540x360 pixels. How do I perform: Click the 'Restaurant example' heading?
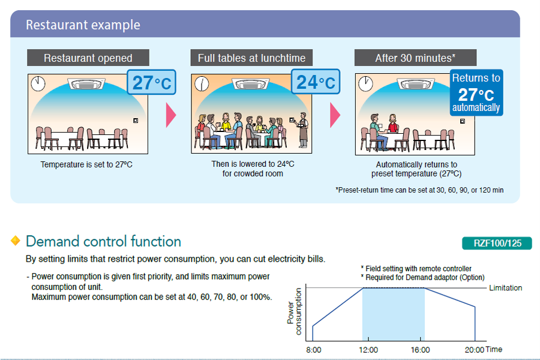click(x=83, y=25)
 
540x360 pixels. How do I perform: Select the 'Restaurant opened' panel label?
click(x=88, y=58)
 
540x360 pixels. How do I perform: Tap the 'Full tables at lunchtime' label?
click(x=251, y=58)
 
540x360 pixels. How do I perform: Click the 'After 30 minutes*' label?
click(x=415, y=58)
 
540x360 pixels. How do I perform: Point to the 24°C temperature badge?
click(x=316, y=82)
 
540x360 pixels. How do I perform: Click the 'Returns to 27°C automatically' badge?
click(x=476, y=92)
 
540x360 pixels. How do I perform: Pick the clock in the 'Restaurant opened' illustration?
click(x=38, y=83)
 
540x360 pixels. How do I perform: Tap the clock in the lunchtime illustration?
click(x=202, y=83)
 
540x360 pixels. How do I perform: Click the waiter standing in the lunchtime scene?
click(x=302, y=130)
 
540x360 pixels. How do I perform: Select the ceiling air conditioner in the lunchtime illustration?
click(x=250, y=84)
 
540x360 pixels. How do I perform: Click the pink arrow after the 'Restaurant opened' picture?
click(x=171, y=115)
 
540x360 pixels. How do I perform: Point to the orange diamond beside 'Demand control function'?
click(x=16, y=241)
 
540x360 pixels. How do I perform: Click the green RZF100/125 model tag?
click(x=497, y=243)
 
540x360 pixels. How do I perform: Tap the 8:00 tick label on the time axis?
click(x=313, y=350)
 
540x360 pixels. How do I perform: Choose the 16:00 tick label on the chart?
click(x=420, y=350)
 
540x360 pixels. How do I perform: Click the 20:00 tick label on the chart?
click(x=474, y=350)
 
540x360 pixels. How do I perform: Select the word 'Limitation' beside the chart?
click(x=506, y=287)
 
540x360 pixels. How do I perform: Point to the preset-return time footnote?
click(x=419, y=190)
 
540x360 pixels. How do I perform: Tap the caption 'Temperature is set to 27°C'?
click(x=86, y=164)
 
